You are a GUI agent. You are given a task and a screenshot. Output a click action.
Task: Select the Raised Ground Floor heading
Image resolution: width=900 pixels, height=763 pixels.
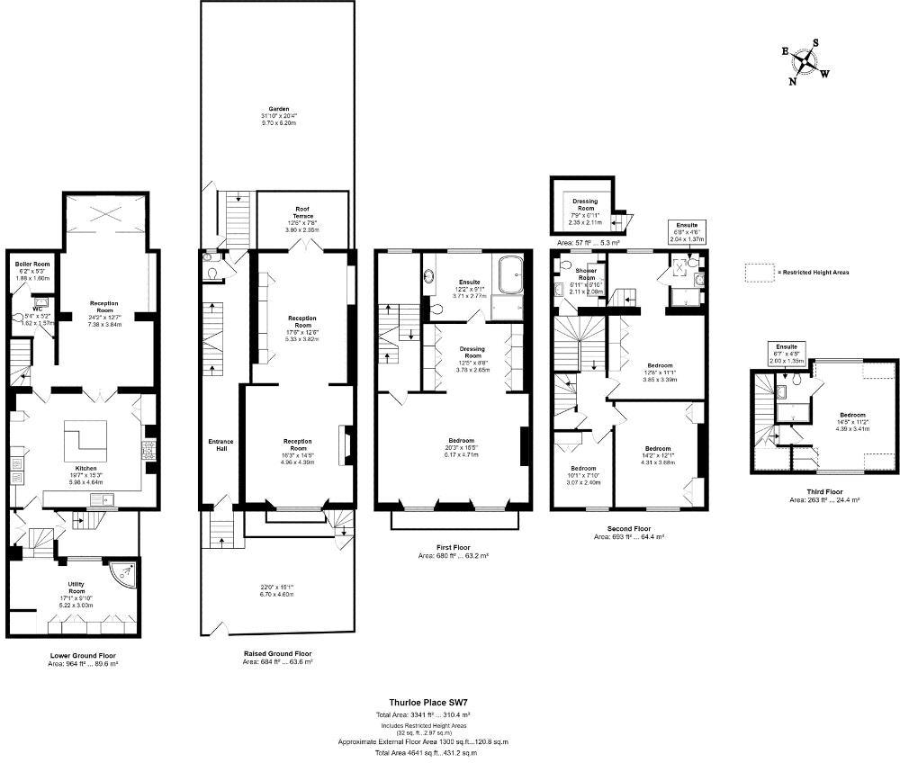click(277, 654)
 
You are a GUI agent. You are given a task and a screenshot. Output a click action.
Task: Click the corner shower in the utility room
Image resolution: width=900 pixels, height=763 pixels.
click(123, 572)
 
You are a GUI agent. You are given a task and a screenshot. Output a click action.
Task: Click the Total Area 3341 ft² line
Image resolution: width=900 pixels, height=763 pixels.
click(422, 714)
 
